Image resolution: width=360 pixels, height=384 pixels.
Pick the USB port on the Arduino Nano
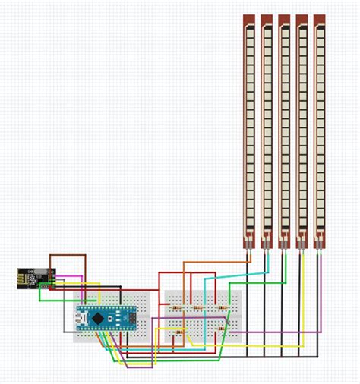pos(83,319)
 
